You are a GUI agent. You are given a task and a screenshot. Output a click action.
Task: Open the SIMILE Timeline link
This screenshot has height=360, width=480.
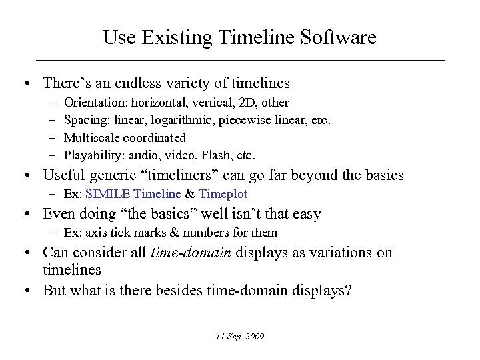(x=133, y=194)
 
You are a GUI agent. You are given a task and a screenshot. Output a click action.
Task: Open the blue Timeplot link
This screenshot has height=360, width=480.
(x=223, y=194)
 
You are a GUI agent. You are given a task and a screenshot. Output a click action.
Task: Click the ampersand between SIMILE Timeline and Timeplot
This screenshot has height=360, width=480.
(x=190, y=194)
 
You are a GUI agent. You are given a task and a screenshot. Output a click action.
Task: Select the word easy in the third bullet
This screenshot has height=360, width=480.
(x=306, y=214)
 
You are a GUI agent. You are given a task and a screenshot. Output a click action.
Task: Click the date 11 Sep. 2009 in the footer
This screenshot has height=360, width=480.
(x=240, y=337)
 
